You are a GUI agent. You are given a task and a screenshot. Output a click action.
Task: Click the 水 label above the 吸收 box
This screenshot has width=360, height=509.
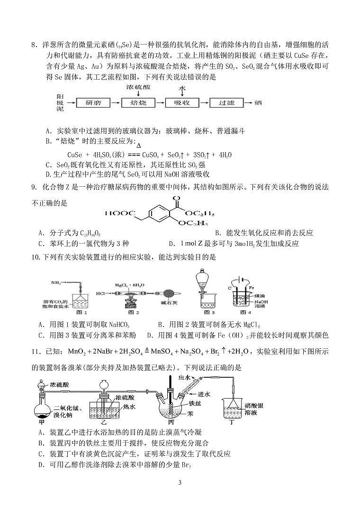click(181, 89)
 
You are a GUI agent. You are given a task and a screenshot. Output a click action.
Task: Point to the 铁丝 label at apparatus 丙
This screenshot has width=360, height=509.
click(196, 390)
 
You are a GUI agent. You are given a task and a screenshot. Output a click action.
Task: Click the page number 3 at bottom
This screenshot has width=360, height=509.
click(180, 482)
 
